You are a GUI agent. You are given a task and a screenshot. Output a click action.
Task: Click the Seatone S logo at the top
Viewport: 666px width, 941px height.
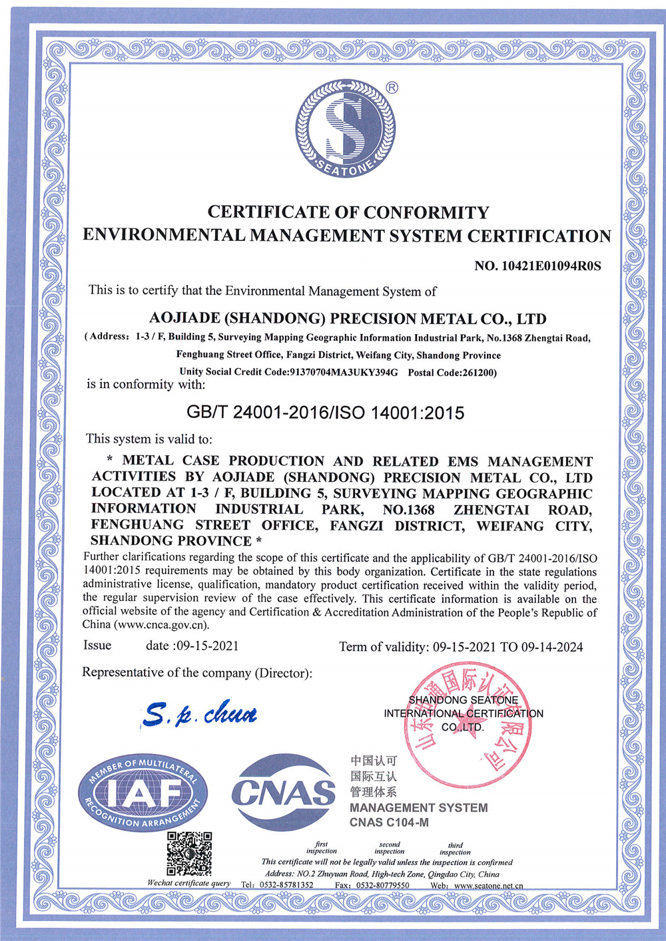point(345,128)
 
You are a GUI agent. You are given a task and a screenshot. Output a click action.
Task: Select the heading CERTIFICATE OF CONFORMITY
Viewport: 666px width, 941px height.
point(348,212)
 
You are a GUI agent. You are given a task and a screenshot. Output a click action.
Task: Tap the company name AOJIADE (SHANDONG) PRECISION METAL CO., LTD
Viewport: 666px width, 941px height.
point(348,319)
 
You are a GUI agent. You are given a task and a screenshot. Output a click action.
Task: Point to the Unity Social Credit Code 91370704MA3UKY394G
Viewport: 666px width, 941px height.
point(343,372)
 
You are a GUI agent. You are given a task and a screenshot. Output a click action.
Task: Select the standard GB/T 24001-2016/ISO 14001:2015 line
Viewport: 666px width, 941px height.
point(326,413)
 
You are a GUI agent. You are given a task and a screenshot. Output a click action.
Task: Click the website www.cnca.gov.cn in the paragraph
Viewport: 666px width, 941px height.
point(162,625)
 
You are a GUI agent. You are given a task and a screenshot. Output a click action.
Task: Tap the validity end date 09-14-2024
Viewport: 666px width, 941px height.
point(552,647)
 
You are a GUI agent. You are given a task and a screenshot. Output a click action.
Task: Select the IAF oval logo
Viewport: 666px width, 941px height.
point(142,793)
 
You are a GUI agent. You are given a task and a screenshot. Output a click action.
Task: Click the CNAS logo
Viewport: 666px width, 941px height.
point(284,793)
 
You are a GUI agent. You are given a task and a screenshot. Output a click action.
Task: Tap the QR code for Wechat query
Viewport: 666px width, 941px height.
point(189,853)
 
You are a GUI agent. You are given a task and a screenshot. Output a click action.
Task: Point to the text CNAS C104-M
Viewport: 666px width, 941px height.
point(390,823)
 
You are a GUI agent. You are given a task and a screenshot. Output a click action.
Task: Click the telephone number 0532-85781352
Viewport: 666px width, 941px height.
point(286,885)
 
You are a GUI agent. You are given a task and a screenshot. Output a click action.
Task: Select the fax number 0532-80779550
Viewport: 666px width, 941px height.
point(382,885)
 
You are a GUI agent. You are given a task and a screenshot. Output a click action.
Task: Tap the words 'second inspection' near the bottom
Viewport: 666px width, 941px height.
point(390,848)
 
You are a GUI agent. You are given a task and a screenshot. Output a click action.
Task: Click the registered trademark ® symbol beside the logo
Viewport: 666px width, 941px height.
point(392,87)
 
